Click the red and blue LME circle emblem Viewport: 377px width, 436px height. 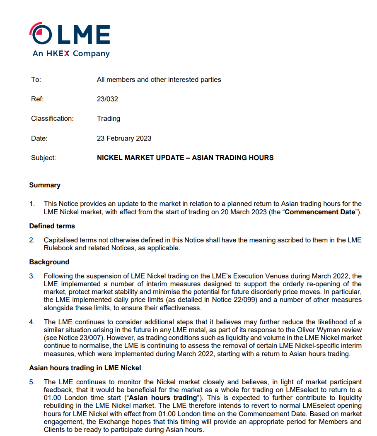point(41,34)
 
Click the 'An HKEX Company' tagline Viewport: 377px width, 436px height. point(71,54)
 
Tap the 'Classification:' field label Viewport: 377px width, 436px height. point(52,119)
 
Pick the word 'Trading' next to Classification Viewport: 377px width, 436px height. point(109,119)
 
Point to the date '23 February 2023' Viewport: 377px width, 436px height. point(124,138)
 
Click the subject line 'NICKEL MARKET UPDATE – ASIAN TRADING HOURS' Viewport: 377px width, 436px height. point(185,158)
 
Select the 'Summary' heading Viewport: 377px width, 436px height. point(45,185)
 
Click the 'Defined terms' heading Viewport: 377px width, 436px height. point(52,226)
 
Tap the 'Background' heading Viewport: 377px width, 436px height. point(49,262)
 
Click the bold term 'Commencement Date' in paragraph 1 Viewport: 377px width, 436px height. point(320,212)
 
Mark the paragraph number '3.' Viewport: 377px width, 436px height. point(32,276)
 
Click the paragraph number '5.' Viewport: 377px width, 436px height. point(32,382)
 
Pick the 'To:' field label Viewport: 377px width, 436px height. point(36,79)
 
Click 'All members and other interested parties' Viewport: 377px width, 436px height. point(159,79)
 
